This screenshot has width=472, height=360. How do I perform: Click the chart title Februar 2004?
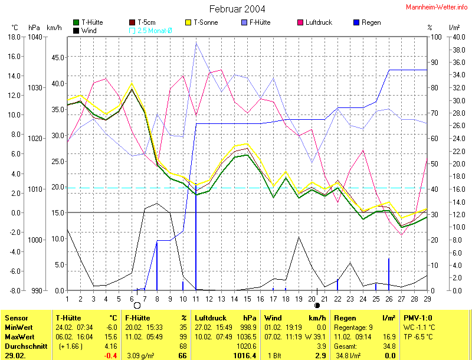tap(237, 9)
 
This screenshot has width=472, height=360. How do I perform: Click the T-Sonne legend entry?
tap(201, 22)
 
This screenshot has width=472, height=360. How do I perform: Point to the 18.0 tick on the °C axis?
tap(14, 37)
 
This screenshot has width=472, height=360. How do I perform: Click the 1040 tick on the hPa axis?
tap(35, 37)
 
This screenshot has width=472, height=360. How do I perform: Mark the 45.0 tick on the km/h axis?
tap(57, 57)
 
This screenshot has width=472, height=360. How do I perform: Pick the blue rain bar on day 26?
tap(389, 274)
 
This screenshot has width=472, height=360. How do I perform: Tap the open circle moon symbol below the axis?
tap(137, 306)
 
